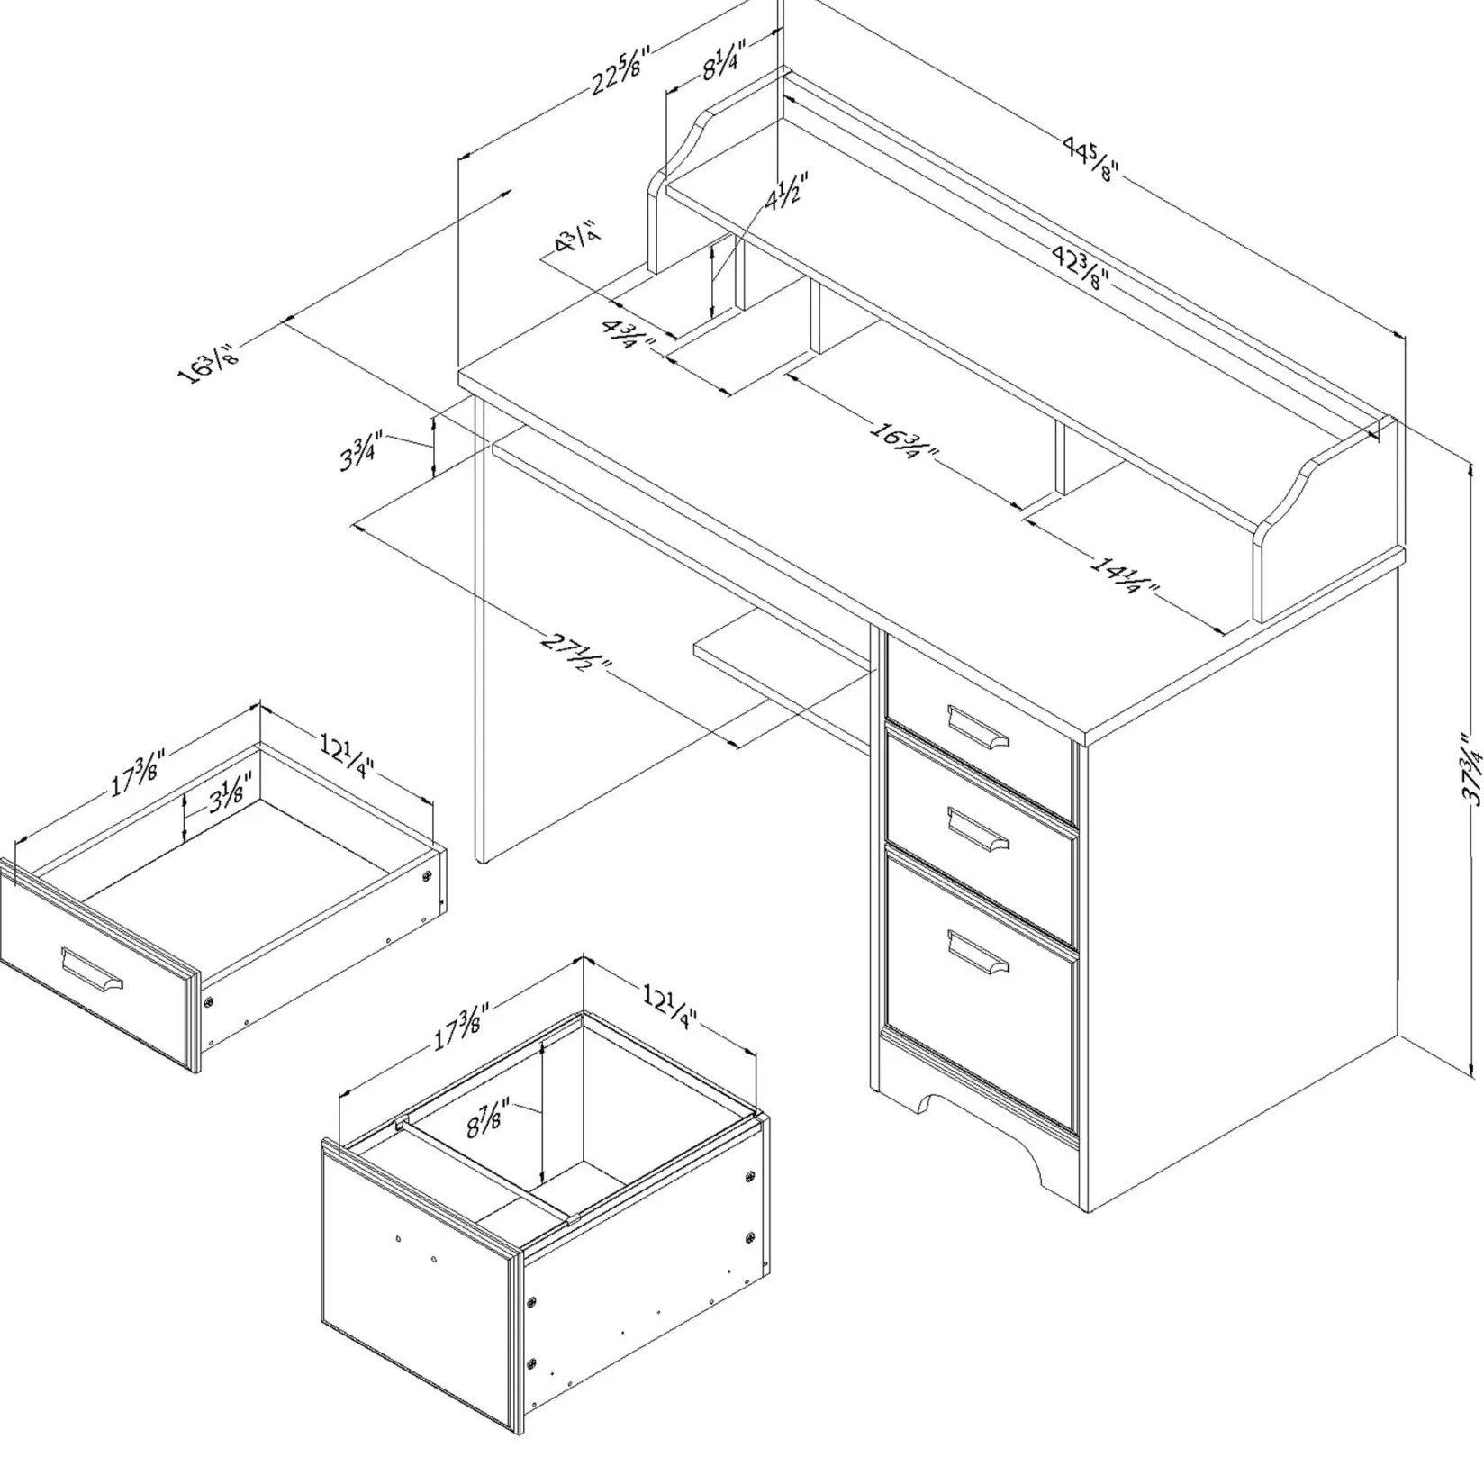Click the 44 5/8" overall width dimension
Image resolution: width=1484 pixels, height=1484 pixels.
(x=1087, y=158)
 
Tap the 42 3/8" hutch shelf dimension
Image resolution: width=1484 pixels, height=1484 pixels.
(x=1080, y=267)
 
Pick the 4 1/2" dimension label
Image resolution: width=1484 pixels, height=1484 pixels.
(x=786, y=191)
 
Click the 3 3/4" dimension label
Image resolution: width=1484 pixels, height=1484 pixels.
(x=361, y=450)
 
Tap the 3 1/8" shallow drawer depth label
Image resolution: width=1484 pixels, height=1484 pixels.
(x=230, y=792)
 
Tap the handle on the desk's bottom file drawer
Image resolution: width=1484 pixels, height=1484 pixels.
(x=978, y=952)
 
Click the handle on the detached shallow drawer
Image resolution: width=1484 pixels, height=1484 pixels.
(x=91, y=972)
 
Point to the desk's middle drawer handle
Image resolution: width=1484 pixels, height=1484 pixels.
(x=978, y=828)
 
